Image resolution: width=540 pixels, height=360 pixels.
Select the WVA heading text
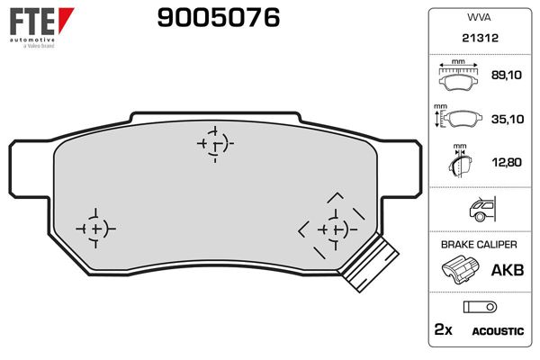click(x=477, y=16)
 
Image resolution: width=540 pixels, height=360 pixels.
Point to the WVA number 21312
click(x=477, y=39)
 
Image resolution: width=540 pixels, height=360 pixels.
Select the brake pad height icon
click(x=459, y=121)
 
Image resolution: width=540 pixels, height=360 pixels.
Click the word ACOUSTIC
click(x=497, y=331)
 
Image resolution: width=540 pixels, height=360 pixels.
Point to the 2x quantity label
click(x=443, y=330)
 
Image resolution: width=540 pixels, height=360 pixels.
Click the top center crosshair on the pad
click(x=214, y=142)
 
